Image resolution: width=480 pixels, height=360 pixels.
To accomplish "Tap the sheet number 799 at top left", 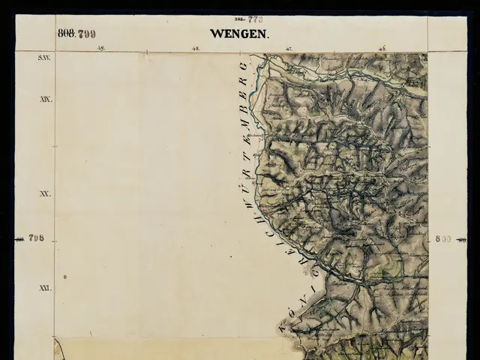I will click(85, 34).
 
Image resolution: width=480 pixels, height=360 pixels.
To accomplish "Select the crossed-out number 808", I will click(65, 33).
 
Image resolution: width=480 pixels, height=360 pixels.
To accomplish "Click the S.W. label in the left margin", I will click(44, 57).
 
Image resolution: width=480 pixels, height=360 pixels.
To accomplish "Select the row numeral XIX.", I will click(46, 99).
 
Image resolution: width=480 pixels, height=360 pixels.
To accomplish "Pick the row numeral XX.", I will click(46, 193).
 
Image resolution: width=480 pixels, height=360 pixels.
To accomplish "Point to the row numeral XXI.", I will click(46, 288).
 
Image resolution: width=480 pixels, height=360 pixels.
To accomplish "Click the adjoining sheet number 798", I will click(36, 238).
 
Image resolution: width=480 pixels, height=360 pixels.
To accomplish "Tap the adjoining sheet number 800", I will click(442, 238).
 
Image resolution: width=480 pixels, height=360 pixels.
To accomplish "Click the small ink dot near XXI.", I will click(65, 277).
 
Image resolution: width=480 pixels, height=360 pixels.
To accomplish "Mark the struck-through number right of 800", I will click(462, 238).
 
